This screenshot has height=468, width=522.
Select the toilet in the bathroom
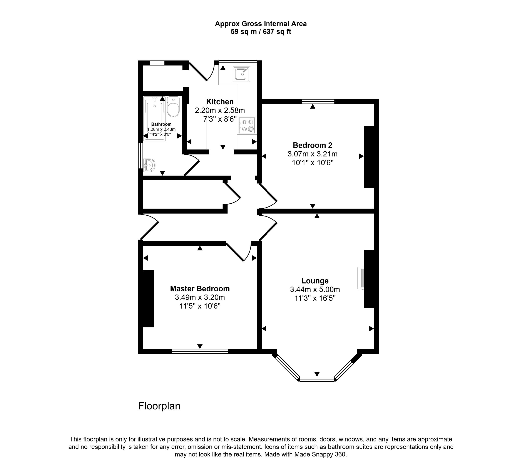coord(173,107)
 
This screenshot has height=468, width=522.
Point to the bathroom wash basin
coord(149,165)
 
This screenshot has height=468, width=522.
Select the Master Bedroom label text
coord(200,289)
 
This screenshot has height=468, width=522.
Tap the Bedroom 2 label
coord(312,145)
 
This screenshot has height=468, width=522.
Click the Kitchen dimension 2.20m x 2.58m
coord(220,111)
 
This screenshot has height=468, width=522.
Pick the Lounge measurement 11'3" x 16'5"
coord(315,298)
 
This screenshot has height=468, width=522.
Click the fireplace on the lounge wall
coord(361,278)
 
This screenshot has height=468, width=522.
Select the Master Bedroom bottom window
coord(200,351)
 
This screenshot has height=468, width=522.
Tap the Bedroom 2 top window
coord(318,101)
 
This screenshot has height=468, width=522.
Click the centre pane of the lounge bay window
coord(317,379)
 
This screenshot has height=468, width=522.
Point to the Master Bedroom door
coord(235,252)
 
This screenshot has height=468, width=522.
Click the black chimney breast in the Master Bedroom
coord(148,299)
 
